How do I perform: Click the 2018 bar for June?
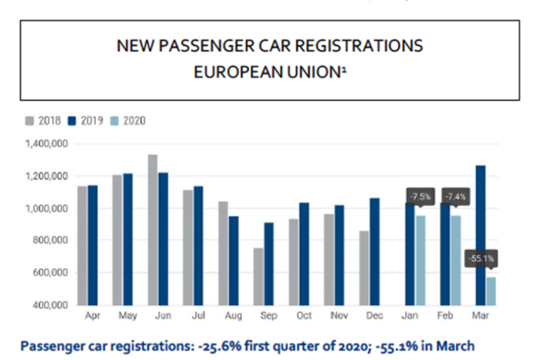coord(153,230)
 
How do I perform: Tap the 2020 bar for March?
coord(490,291)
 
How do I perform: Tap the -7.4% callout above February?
coord(456,197)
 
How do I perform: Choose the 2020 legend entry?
coord(126,120)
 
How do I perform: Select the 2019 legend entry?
coord(83,120)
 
